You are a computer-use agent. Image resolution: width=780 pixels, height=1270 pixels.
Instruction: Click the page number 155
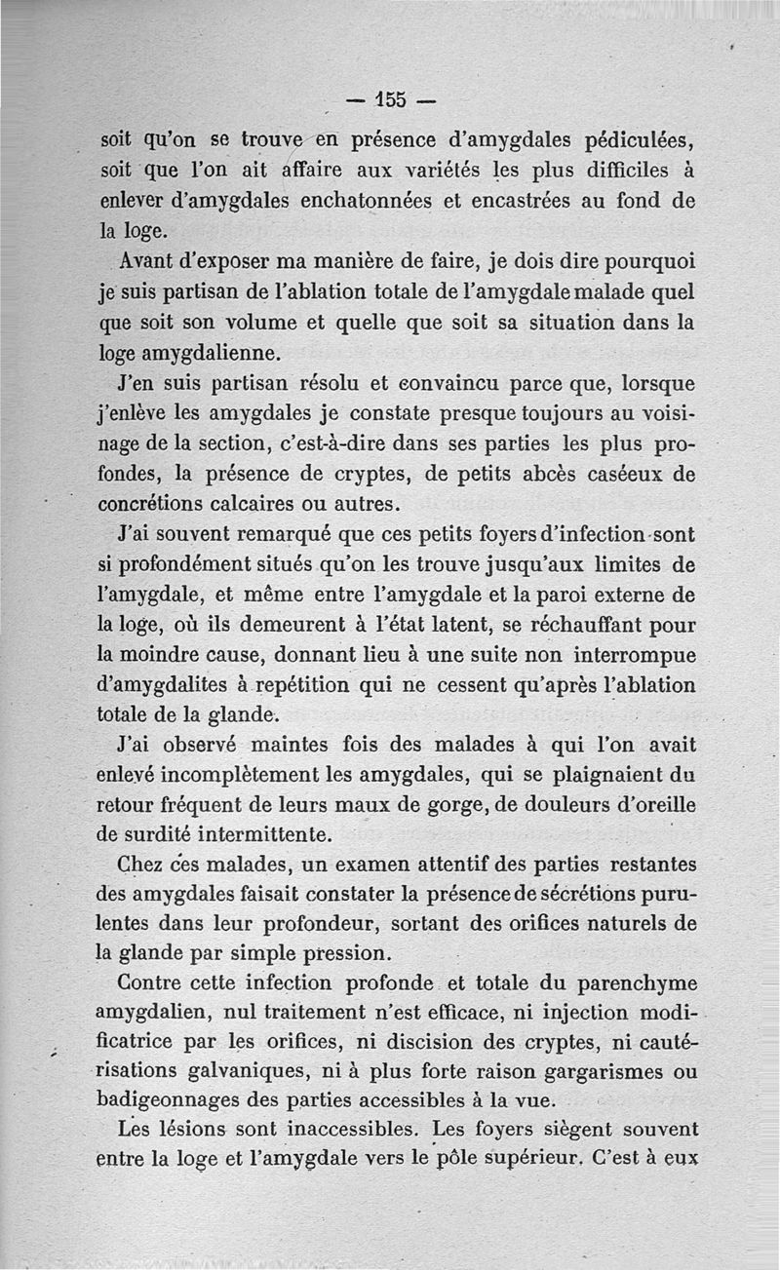coord(392,99)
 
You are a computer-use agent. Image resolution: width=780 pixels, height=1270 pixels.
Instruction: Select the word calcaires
coord(274,505)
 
